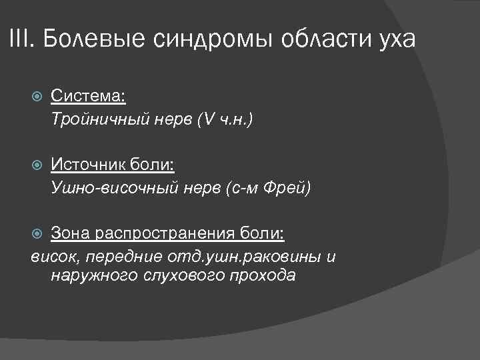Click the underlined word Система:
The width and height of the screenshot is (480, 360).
tap(88, 97)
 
